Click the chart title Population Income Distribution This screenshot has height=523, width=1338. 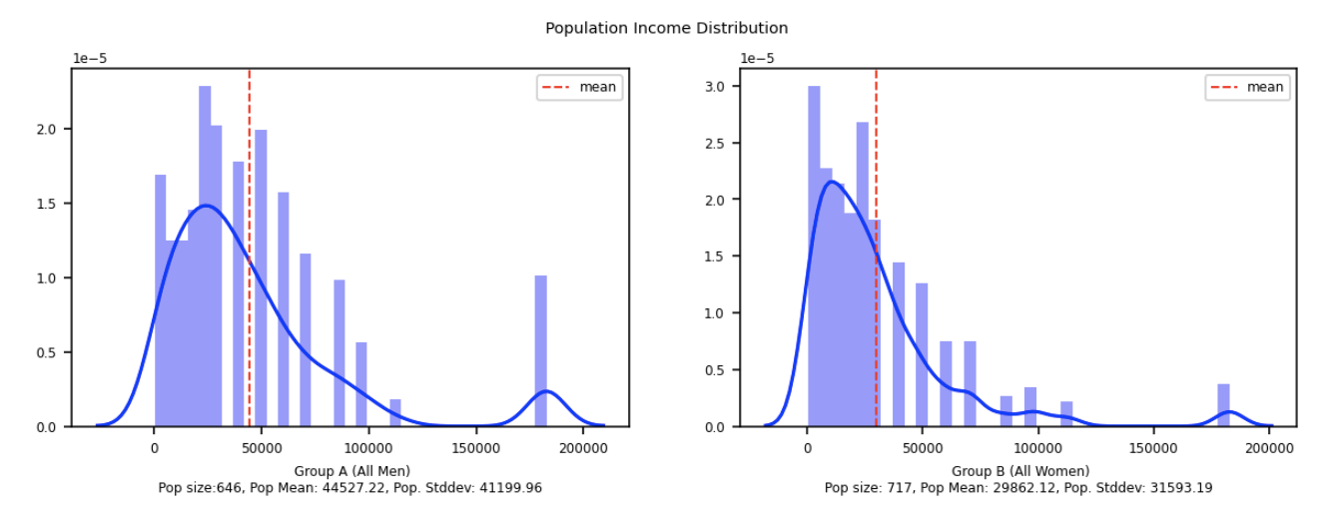(666, 28)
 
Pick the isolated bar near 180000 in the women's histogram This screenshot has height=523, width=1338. (1223, 405)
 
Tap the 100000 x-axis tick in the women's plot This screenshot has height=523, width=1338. (1037, 447)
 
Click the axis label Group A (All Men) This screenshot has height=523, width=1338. (351, 471)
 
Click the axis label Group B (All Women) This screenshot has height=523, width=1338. (1019, 471)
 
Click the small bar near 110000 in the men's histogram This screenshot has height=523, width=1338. (395, 413)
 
